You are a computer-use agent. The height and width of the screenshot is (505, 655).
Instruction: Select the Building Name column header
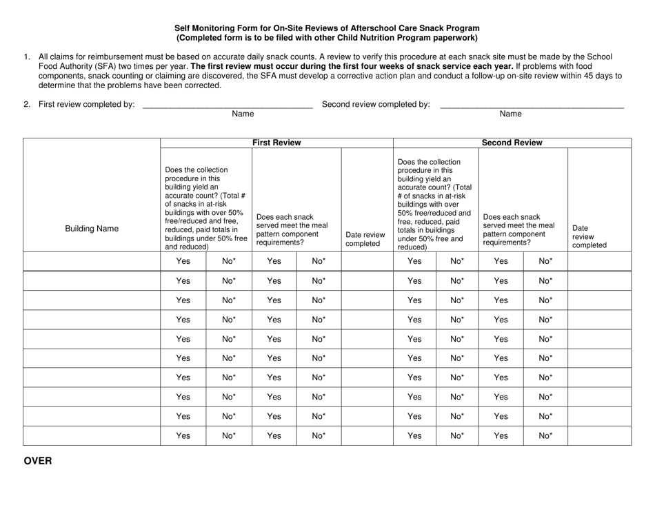[x=91, y=229]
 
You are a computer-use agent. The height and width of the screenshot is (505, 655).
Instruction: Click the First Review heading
[x=276, y=143]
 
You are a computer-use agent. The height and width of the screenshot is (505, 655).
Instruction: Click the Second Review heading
[x=512, y=143]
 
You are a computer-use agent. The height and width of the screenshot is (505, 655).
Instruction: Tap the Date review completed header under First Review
[x=365, y=239]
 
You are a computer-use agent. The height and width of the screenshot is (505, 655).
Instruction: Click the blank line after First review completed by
[x=226, y=105]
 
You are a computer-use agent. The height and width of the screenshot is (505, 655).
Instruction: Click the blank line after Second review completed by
[x=531, y=105]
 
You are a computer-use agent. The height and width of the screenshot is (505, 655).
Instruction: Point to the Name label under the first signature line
[x=243, y=114]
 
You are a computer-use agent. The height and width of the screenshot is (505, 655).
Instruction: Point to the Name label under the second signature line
[x=510, y=114]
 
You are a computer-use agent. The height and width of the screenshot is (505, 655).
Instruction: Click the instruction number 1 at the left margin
[x=27, y=57]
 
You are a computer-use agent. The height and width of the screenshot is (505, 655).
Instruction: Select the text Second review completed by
[x=376, y=105]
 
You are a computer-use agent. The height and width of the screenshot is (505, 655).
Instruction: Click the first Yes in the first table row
[x=183, y=261]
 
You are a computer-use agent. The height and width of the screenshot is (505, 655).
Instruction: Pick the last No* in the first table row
[x=545, y=261]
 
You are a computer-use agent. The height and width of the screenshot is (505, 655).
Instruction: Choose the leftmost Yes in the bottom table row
[x=183, y=435]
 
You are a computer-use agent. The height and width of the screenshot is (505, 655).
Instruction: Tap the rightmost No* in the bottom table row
[x=545, y=435]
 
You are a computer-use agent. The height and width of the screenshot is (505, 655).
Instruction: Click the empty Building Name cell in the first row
[x=91, y=261]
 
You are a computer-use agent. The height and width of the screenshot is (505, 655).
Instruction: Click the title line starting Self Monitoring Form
[x=327, y=28]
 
